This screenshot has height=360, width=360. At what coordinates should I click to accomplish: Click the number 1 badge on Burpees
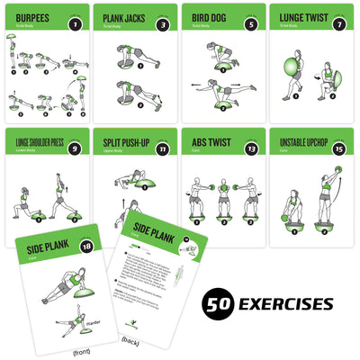tap(76, 24)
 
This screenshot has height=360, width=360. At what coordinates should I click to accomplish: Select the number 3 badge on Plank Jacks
tap(163, 24)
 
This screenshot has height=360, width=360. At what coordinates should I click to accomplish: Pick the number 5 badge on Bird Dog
tap(249, 24)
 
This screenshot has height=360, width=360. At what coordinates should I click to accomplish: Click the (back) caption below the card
tap(131, 342)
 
